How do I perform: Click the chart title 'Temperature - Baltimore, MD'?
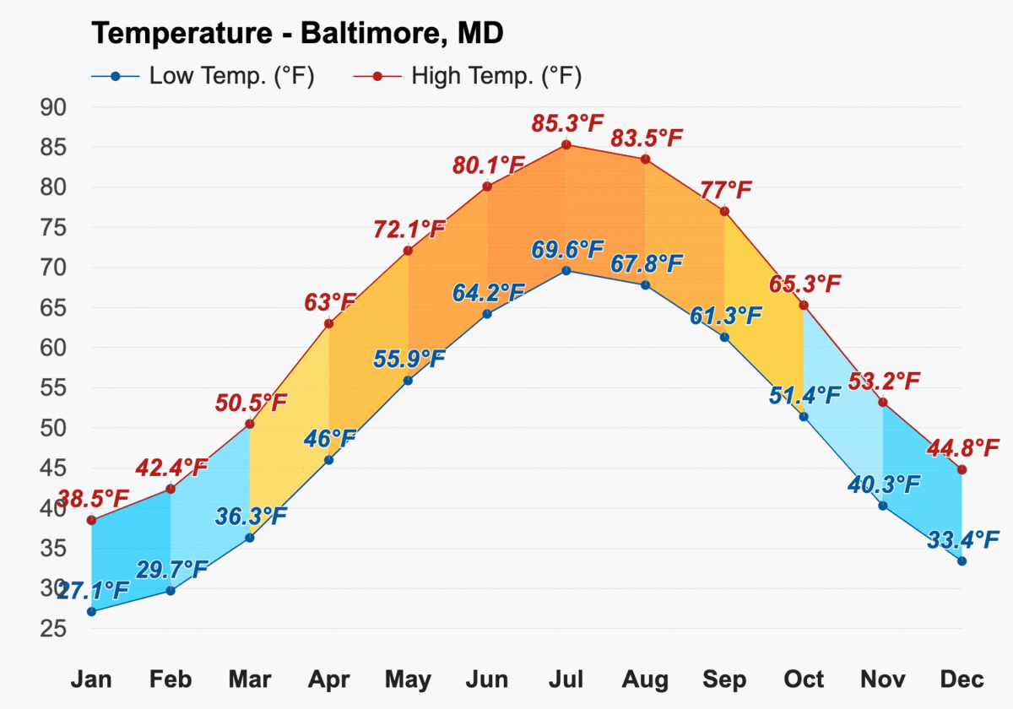click(297, 33)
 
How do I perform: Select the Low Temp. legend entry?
click(203, 76)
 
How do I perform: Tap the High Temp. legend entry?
click(467, 76)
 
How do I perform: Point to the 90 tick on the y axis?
click(53, 107)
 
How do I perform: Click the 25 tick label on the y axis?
click(53, 629)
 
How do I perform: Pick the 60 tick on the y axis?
click(53, 348)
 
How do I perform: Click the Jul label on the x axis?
click(566, 679)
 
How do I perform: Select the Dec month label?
click(962, 679)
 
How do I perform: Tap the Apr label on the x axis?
click(328, 680)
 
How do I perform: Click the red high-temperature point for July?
click(566, 144)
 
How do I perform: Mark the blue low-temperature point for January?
click(91, 612)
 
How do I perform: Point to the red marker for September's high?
click(724, 211)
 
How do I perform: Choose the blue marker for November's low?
click(883, 506)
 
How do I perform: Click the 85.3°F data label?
click(567, 123)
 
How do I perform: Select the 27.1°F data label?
click(94, 590)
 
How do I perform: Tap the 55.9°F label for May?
click(409, 359)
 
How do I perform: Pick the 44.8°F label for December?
click(963, 448)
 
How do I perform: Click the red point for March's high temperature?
click(250, 424)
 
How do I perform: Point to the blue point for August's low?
click(645, 285)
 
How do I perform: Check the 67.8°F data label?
click(647, 263)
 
